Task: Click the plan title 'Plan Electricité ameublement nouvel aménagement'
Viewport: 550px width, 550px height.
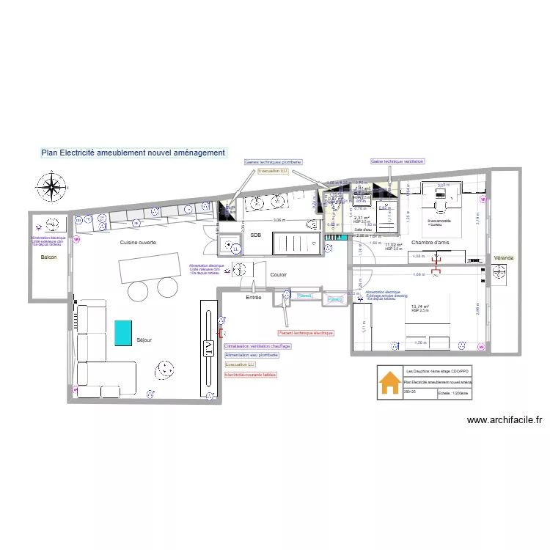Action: pyautogui.click(x=133, y=153)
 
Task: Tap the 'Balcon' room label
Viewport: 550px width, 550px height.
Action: pyautogui.click(x=49, y=258)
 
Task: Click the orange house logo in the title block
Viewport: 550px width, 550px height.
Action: pyautogui.click(x=389, y=383)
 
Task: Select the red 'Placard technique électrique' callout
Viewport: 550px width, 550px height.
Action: pyautogui.click(x=305, y=333)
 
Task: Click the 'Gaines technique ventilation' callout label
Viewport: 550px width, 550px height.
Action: pyautogui.click(x=397, y=161)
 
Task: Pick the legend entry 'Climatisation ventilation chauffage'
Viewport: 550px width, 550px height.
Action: pyautogui.click(x=257, y=346)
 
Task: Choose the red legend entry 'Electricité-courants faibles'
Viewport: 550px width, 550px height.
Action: pyautogui.click(x=250, y=375)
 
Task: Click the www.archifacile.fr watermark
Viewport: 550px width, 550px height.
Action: pyautogui.click(x=504, y=421)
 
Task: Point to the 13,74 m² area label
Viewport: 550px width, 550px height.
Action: pyautogui.click(x=420, y=307)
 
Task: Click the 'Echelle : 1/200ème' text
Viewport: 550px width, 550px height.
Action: pyautogui.click(x=455, y=393)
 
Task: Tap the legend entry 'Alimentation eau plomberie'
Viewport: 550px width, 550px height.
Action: pyautogui.click(x=252, y=356)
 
